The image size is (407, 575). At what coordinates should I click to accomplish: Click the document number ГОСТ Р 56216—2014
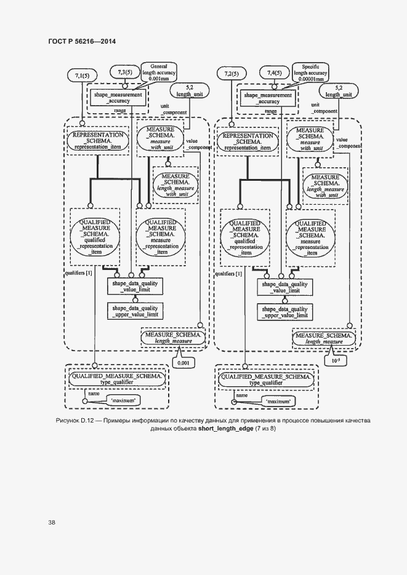[81, 41]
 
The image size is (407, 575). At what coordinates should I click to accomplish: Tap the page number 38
[52, 522]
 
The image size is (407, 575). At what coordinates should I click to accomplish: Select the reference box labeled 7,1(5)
[83, 76]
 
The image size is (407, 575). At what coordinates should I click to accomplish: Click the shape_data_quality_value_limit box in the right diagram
[284, 287]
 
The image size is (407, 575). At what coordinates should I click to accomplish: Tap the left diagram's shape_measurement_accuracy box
[118, 98]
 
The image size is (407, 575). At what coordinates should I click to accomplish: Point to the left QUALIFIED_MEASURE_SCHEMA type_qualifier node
[116, 378]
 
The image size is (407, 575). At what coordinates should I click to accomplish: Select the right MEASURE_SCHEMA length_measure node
[323, 337]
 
